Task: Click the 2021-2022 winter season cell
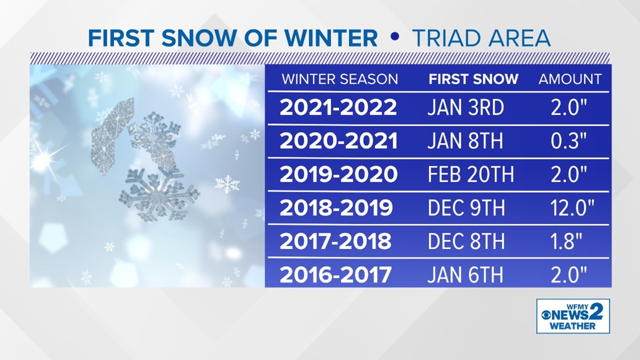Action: point(338,107)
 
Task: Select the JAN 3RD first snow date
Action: point(466,108)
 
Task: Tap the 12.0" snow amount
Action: point(572,208)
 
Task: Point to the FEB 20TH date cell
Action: point(470,174)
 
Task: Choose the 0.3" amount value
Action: point(569,141)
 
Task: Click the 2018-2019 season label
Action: point(336,208)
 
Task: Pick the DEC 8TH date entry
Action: point(466,241)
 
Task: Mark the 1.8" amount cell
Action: point(566,241)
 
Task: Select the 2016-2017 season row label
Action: point(336,275)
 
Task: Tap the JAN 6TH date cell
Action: point(465,275)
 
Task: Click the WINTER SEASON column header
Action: point(340,79)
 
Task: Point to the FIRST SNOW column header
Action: point(473,79)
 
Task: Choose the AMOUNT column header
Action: point(570,79)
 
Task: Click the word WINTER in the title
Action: point(331,38)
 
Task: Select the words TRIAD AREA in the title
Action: point(481,38)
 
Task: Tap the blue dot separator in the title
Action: point(394,37)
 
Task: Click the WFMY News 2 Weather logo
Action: point(573,316)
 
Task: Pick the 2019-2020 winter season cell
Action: point(339,174)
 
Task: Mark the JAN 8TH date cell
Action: point(465,141)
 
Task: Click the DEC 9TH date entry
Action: point(466,208)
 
